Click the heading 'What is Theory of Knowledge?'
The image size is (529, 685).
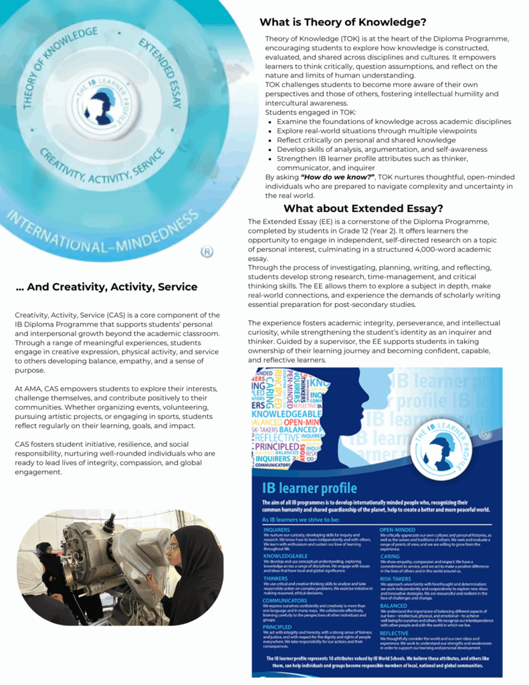pos(343,22)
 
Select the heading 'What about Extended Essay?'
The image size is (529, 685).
pos(363,208)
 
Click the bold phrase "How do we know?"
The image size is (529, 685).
pos(337,177)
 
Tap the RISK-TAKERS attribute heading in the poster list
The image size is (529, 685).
pos(395,579)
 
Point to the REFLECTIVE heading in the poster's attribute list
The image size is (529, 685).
pos(394,633)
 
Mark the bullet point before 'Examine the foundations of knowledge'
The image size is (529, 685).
pos(270,122)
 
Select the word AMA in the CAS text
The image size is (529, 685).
pos(32,389)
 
